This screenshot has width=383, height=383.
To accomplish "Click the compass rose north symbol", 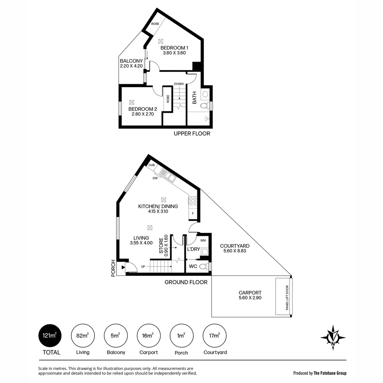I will coord(333,337).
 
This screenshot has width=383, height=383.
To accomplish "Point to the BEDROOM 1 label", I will coord(174,48).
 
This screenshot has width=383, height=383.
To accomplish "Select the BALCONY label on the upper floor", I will coord(131,61).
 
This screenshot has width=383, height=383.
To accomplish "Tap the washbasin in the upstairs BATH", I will coord(205,94).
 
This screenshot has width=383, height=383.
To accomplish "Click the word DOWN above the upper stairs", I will coord(179,84).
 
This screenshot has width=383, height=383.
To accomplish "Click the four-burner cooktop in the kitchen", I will coord(193,201).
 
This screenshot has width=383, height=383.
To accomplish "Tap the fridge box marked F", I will coord(193,213).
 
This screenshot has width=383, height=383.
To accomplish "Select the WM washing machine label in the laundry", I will coord(203,241).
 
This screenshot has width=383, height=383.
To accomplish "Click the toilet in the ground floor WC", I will coord(204,266).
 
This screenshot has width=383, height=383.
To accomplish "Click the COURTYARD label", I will coord(234,246).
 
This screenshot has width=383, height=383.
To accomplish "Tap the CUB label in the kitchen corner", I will coord(151,165).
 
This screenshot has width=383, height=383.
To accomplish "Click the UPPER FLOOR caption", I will coord(192,134).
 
